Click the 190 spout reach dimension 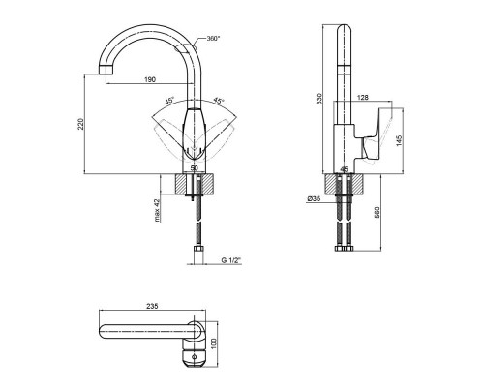click(x=150, y=79)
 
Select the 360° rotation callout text click(x=213, y=39)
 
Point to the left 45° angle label click(x=169, y=101)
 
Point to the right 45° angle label click(x=219, y=101)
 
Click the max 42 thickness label click(x=157, y=211)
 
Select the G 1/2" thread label click(x=231, y=260)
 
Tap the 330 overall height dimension click(x=319, y=99)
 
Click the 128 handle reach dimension click(x=363, y=97)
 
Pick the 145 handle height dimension click(x=399, y=141)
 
